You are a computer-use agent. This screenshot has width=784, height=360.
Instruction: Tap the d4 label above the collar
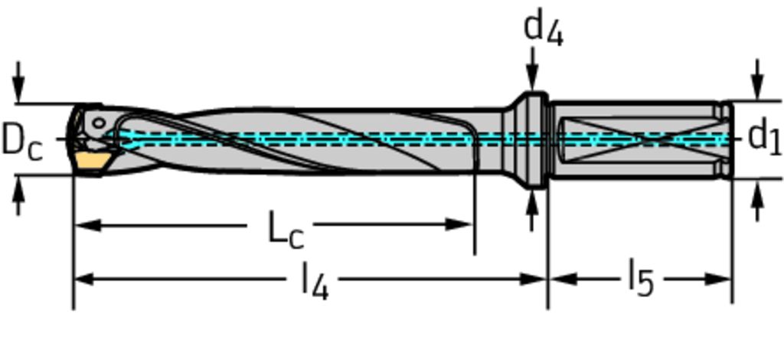coord(543,29)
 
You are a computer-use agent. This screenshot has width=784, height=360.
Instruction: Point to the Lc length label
coord(285,229)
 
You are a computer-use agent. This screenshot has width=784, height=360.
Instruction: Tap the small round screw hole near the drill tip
coord(98,123)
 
